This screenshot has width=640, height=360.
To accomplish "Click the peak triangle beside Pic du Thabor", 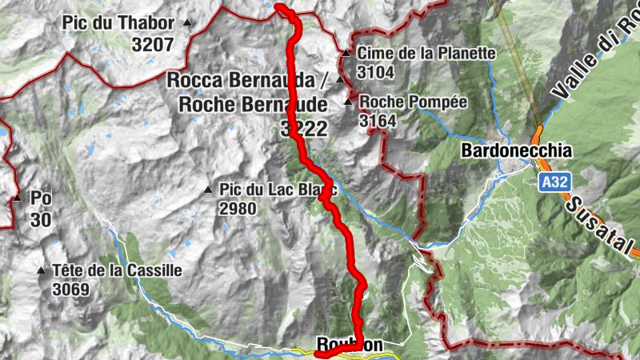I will coord(188,23).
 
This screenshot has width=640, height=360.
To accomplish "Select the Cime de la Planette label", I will coord(426,54).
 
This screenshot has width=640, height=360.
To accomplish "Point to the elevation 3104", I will coord(376,73).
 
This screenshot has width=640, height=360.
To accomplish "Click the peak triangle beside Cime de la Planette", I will coord(346,54).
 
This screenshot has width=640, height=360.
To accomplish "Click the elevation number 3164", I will coord(378,121).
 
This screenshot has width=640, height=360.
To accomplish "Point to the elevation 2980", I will coord(238,209).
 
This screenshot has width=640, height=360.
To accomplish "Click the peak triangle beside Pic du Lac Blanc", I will coord(208,190).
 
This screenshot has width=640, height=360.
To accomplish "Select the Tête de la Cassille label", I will coord(117,270).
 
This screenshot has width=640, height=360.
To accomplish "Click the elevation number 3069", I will coord(72,290).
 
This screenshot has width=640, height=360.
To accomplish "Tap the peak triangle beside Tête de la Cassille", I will coord(41,270).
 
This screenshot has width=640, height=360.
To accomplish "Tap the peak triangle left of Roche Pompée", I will coord(348,102).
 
